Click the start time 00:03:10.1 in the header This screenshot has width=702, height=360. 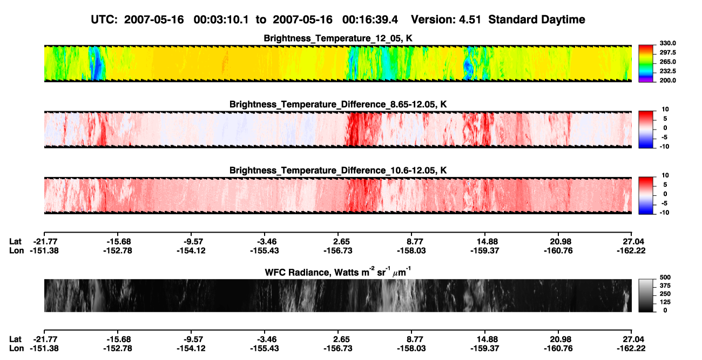click(221, 19)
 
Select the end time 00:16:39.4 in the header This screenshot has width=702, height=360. click(370, 19)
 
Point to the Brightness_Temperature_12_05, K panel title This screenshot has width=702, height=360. click(338, 38)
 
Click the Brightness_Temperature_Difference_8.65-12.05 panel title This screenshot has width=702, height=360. click(338, 104)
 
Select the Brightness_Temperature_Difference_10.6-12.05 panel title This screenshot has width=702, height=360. click(338, 171)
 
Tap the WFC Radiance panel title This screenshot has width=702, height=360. click(338, 272)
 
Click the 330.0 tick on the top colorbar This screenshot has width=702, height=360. click(667, 43)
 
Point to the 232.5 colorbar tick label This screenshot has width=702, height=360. click(667, 71)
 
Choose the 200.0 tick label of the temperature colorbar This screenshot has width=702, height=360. click(667, 80)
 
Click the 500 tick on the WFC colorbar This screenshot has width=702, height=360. click(665, 277)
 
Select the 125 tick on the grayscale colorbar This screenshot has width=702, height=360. click(665, 302)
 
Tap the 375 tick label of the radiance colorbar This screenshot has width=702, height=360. click(665, 286)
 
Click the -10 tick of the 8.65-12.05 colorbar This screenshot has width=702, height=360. click(665, 147)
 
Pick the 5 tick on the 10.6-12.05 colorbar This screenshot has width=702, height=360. click(665, 185)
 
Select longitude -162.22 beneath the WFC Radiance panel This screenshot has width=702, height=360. click(631, 349)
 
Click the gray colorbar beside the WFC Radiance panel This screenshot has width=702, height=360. click(646, 295)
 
